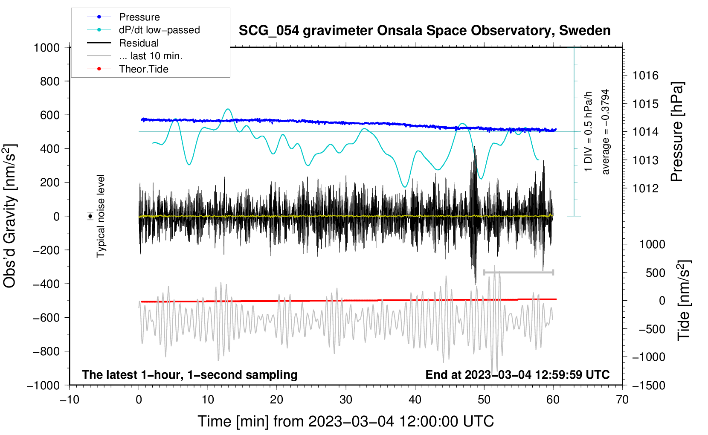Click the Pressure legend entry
click(x=124, y=17)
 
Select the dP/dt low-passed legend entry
click(x=143, y=30)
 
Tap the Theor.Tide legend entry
click(x=128, y=69)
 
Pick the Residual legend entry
click(x=123, y=43)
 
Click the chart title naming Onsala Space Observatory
click(x=424, y=31)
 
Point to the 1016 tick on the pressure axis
click(x=645, y=75)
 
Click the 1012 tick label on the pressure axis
click(x=645, y=188)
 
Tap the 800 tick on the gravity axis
click(x=50, y=81)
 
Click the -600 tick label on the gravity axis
click(x=46, y=318)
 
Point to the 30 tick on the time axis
click(x=346, y=400)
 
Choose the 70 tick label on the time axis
click(x=622, y=400)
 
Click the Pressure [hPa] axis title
click(x=677, y=132)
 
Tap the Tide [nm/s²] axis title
click(x=684, y=300)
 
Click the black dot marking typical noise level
click(x=90, y=216)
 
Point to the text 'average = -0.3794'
click(x=605, y=132)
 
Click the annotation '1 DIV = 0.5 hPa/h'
click(x=588, y=131)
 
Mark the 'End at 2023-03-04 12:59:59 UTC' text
click(x=517, y=374)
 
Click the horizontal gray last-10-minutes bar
click(x=518, y=272)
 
